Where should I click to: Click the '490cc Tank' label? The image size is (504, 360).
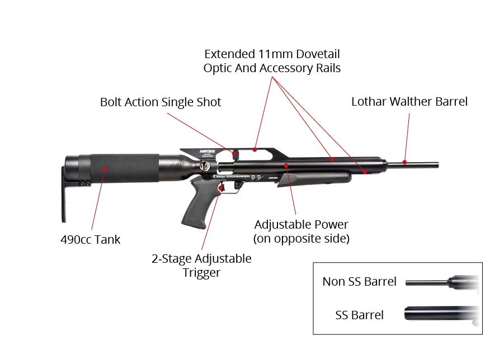(x=90, y=240)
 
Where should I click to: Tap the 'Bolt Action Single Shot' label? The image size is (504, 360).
(x=161, y=102)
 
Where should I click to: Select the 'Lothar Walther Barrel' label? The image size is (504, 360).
(x=409, y=102)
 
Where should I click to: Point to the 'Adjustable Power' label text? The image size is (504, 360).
(x=301, y=225)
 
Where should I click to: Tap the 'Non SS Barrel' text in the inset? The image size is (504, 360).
(x=359, y=281)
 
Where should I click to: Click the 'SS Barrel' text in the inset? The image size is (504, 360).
(x=359, y=315)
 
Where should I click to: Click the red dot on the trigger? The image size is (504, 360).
(x=222, y=188)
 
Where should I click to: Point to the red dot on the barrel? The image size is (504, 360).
(x=404, y=162)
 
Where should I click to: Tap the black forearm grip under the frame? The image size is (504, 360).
(x=313, y=179)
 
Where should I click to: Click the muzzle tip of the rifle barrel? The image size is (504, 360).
(x=437, y=165)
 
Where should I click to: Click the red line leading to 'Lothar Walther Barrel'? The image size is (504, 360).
(x=407, y=137)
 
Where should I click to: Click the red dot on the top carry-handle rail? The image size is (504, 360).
(x=255, y=149)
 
